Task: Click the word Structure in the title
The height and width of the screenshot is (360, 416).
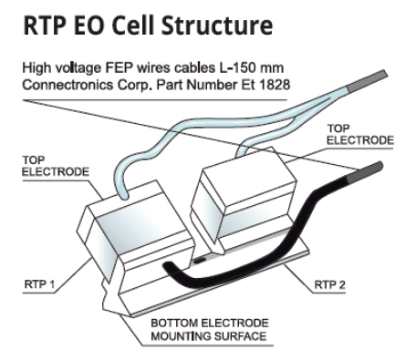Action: [x=216, y=26]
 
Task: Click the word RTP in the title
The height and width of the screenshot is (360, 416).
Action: [x=44, y=26]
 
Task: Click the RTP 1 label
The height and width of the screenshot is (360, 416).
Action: [x=39, y=284]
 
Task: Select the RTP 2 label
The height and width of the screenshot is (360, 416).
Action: [x=329, y=285]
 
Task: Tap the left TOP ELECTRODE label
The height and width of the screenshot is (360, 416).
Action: [x=56, y=166]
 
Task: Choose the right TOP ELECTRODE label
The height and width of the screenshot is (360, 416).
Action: [x=360, y=134]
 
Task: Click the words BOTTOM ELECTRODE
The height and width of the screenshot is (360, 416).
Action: [x=210, y=323]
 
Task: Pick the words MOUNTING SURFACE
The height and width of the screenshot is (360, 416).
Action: [x=209, y=336]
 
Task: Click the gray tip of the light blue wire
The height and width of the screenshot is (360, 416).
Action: [x=368, y=80]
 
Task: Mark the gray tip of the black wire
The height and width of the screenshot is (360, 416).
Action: [x=364, y=172]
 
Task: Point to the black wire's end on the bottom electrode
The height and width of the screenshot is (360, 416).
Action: [x=167, y=267]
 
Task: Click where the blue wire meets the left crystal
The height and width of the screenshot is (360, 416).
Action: [x=123, y=196]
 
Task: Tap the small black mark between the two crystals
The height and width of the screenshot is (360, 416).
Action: [x=200, y=260]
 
